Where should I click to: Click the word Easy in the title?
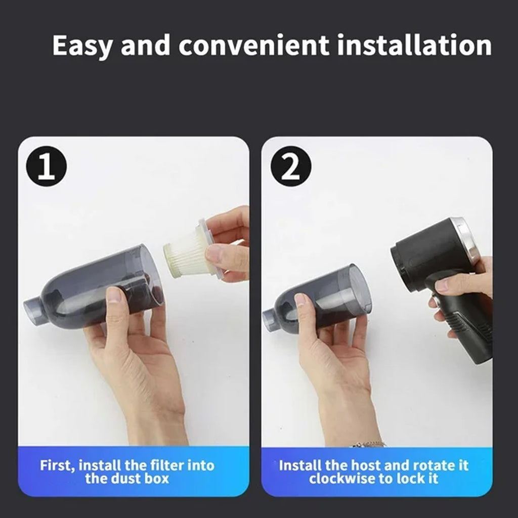[83, 46]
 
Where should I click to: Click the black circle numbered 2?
[290, 167]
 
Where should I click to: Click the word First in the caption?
[58, 465]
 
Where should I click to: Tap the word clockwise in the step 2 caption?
[339, 479]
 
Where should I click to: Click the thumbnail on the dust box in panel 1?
[114, 295]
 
